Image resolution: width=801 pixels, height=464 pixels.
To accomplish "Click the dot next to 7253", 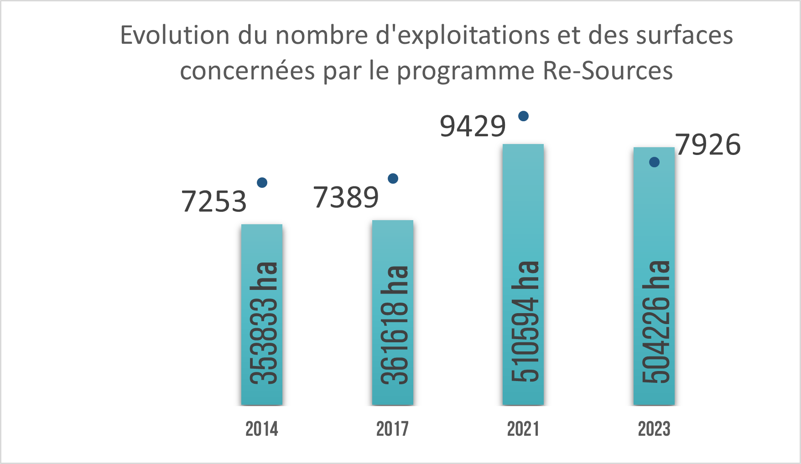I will tap(262, 183).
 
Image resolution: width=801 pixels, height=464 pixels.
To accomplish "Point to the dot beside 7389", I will tap(393, 179).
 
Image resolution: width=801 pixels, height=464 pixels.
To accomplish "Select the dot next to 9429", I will tap(524, 116).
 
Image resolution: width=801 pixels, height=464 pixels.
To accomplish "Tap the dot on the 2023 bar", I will tap(654, 162).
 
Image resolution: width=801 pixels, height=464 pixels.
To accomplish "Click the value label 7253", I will tap(214, 201).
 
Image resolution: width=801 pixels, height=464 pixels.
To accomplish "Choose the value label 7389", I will tap(346, 198).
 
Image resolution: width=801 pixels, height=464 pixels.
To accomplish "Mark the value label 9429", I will tap(473, 126).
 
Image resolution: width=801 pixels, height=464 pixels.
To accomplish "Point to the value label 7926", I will tap(708, 145).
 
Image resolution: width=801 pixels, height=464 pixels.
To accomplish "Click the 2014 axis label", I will tap(261, 429).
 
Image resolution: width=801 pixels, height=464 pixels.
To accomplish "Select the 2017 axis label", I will tap(392, 429).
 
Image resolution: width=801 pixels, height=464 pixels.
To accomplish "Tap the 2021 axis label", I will tap(523, 429).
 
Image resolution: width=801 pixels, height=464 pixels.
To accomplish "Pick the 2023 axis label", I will tap(654, 429).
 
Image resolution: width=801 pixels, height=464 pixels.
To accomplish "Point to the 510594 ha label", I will tap(525, 322).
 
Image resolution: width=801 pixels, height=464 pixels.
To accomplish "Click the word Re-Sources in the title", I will tap(608, 71).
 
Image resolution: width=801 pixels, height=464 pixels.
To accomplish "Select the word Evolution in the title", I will tap(175, 35).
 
